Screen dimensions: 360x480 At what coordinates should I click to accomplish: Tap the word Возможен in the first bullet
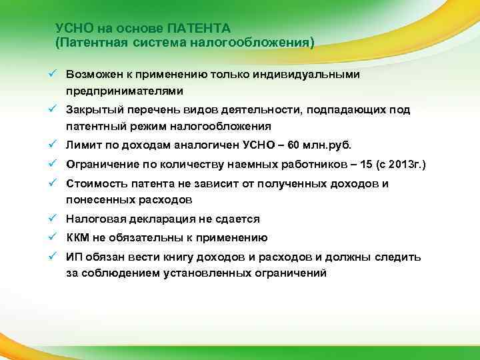coord(94,74)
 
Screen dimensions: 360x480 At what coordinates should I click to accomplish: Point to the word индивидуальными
coord(311,74)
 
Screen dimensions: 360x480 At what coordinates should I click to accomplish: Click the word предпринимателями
coord(124,90)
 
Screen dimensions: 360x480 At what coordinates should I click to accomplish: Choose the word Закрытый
coord(93,109)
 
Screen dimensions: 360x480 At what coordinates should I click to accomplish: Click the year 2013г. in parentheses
coord(393,164)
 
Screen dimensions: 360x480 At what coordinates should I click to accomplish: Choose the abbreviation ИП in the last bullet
coord(73,257)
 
